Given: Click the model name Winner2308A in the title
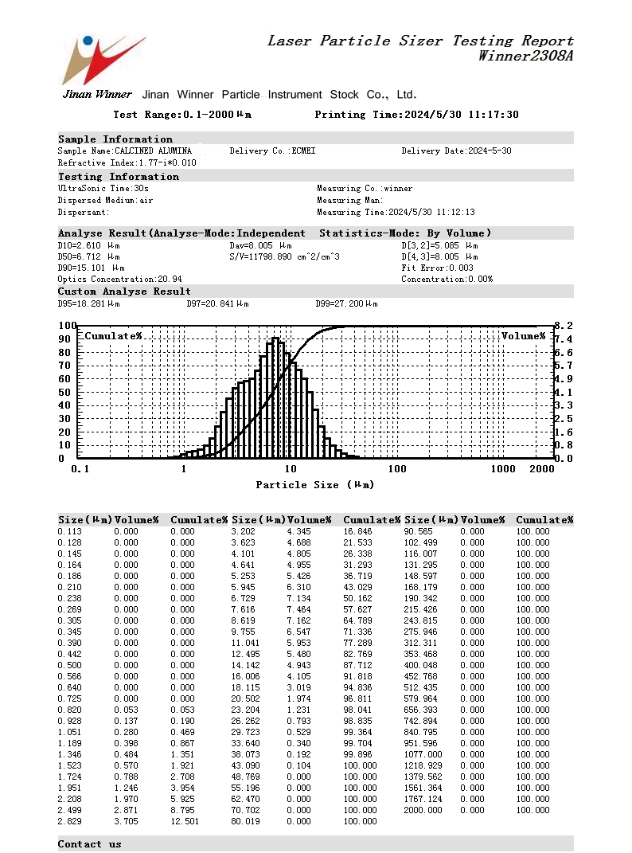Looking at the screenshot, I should click(x=525, y=56).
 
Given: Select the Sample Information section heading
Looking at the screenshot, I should click(x=115, y=139).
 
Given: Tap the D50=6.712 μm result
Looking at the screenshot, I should click(x=89, y=256).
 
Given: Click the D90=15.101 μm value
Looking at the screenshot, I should click(x=92, y=268).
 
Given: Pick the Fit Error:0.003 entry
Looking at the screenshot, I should click(x=437, y=268).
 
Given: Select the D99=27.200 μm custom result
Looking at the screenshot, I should click(x=347, y=303).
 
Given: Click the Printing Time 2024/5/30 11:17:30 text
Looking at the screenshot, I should click(x=416, y=115).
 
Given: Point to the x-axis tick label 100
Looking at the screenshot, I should click(x=396, y=469).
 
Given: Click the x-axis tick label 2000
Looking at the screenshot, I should click(x=541, y=469).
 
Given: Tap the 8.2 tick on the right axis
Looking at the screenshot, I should click(x=563, y=326).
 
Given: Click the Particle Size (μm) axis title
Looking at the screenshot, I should click(x=314, y=485).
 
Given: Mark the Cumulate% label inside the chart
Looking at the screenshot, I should click(x=114, y=336).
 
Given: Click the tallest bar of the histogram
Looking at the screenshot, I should click(x=275, y=397).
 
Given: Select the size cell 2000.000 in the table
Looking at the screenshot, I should click(x=423, y=810).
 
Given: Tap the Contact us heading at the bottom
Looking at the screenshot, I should click(x=90, y=844).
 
